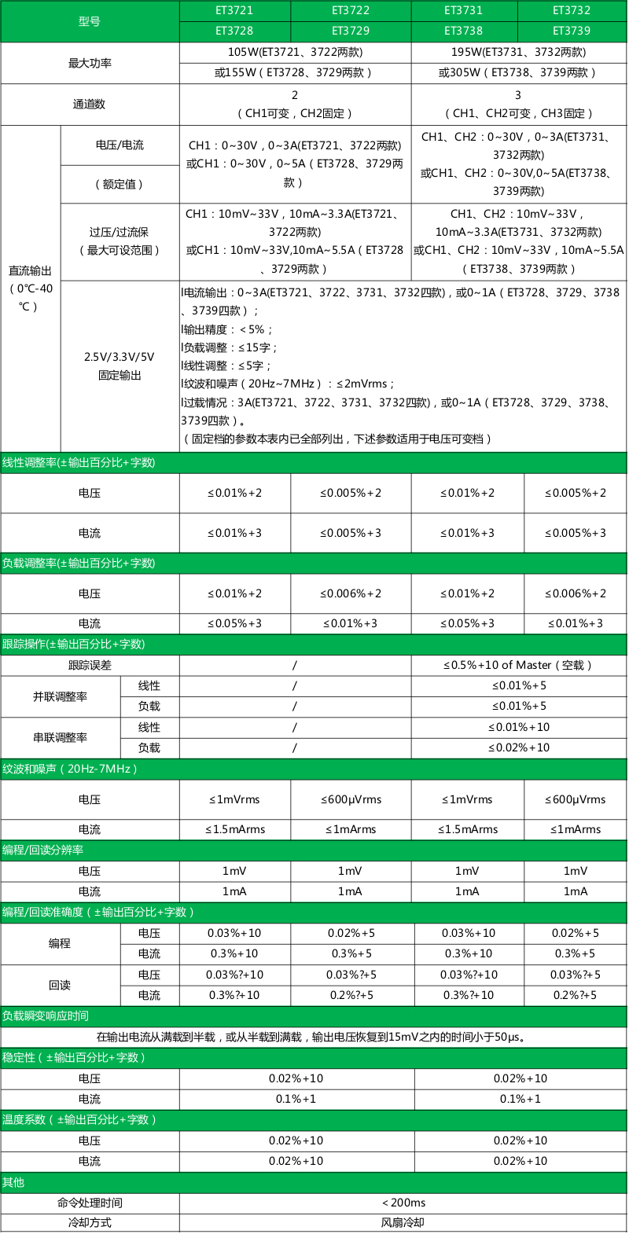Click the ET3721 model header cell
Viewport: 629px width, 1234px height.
pos(234,10)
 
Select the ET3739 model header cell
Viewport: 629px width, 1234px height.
pos(572,31)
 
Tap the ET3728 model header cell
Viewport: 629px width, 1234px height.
pos(234,31)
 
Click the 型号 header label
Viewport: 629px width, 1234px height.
pos(90,21)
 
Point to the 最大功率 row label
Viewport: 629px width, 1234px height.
pos(90,63)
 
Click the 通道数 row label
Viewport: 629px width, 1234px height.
pos(90,104)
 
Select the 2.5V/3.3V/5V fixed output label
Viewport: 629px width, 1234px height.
pos(120,365)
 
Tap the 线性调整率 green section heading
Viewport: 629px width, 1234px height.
pos(79,463)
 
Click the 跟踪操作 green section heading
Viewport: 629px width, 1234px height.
pos(74,644)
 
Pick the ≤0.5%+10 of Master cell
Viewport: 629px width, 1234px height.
pos(518,665)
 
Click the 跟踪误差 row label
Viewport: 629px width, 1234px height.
pos(90,665)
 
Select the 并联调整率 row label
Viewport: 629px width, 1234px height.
pos(60,696)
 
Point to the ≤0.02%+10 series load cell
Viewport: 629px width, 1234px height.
pos(518,747)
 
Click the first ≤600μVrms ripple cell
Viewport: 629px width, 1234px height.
pos(351,799)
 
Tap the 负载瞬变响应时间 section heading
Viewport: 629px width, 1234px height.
pos(46,1015)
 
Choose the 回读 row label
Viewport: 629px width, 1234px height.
pos(60,985)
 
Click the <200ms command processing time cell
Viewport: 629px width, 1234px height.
pos(403,1203)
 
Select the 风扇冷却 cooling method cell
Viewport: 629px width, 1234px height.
pos(403,1223)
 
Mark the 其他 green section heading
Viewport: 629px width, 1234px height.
pos(13,1182)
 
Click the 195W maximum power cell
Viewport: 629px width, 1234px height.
pos(518,52)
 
